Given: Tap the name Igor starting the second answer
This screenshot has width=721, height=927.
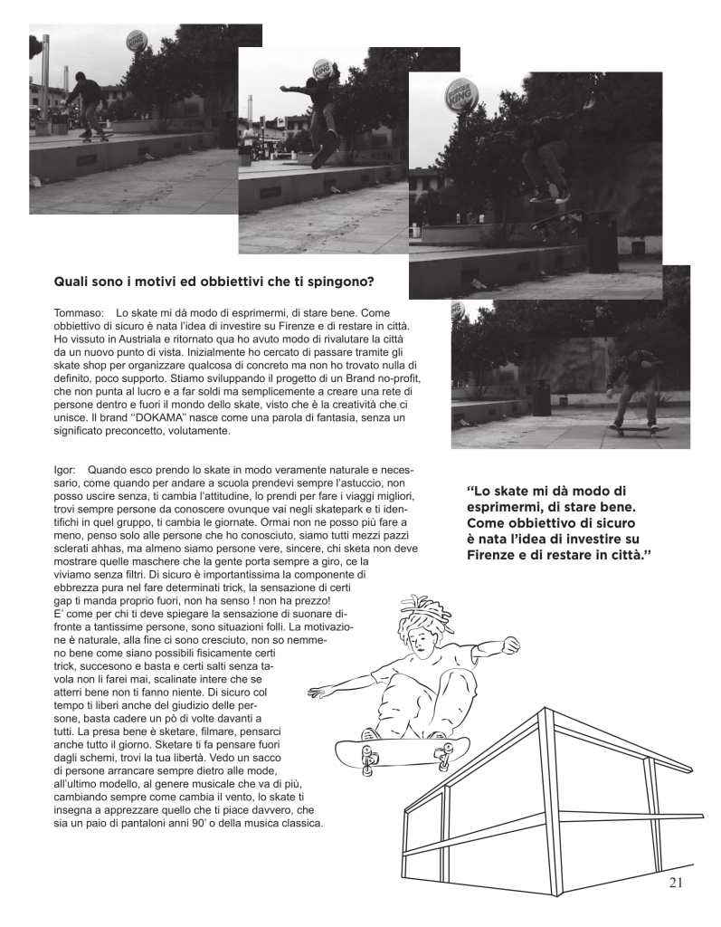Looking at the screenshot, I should tap(65, 471).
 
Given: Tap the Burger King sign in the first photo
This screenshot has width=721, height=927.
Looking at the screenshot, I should tap(137, 41).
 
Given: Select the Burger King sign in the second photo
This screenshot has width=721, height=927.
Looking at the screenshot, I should tap(321, 69).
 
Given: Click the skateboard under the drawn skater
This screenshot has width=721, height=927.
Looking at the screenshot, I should tap(402, 750).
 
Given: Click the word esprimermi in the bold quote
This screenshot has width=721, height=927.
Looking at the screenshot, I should tap(508, 507).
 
